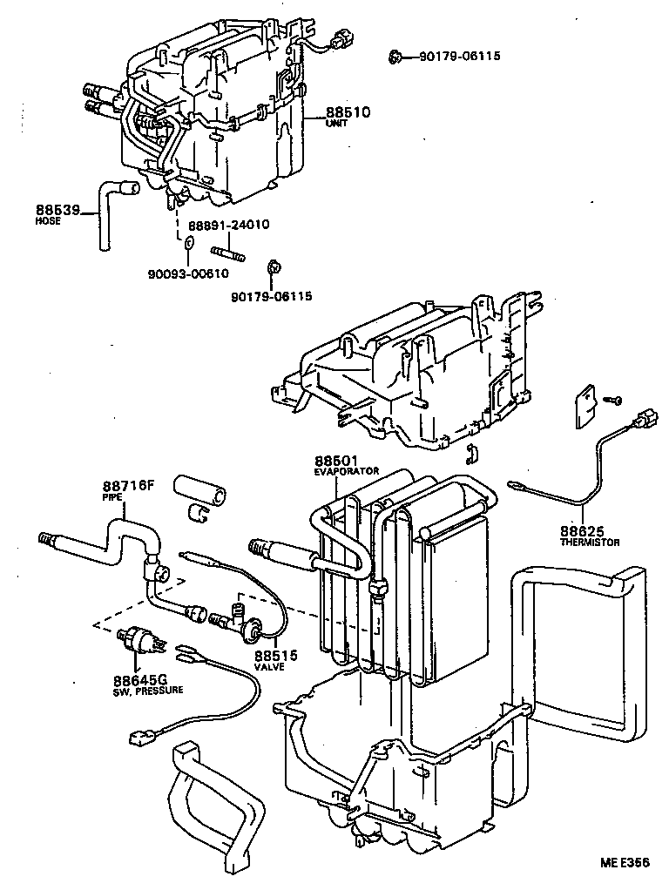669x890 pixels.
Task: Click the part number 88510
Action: [x=348, y=112]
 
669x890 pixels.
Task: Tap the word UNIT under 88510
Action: [x=337, y=125]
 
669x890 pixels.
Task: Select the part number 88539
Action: [x=57, y=209]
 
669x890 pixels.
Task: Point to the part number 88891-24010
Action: [x=227, y=225]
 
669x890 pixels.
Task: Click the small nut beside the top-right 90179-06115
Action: [x=395, y=57]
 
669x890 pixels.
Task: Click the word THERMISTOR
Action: [x=590, y=543]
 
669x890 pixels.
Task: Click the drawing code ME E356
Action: [x=624, y=864]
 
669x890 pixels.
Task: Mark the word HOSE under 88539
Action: [x=47, y=221]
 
